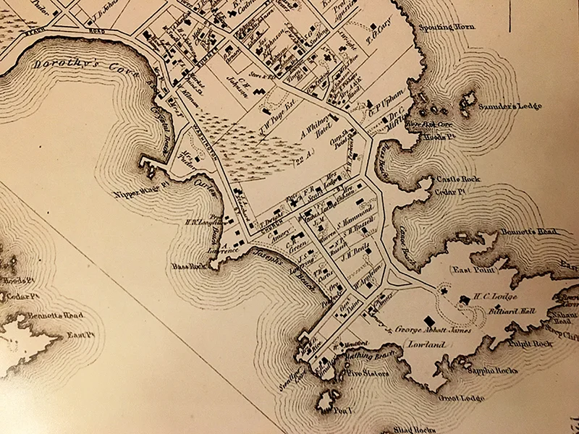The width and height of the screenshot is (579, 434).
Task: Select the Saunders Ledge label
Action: pos(508,106)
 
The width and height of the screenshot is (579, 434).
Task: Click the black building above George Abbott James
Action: pos(430,318)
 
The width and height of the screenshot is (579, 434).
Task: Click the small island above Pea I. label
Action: pos(329,399)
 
